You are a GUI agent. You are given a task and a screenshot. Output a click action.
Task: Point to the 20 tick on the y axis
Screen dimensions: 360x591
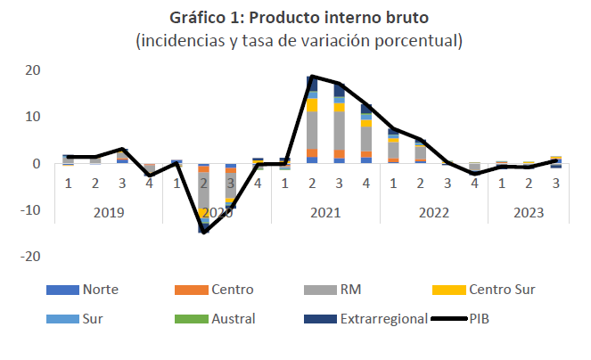click(31, 70)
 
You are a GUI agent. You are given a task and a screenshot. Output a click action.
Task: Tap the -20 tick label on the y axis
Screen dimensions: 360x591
click(29, 256)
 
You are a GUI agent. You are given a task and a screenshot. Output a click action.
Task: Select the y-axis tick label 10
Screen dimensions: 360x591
click(31, 117)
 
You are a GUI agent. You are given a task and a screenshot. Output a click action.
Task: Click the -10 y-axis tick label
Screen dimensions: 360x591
click(29, 209)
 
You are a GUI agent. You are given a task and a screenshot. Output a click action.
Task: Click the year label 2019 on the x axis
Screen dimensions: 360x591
click(108, 212)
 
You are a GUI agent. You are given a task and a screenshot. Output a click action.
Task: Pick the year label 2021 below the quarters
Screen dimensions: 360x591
click(324, 212)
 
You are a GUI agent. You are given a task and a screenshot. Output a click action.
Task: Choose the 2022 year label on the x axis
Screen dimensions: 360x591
click(433, 212)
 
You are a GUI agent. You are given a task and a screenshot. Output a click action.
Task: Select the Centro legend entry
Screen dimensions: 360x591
click(229, 290)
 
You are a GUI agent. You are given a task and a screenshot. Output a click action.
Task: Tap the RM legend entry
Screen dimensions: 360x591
click(349, 290)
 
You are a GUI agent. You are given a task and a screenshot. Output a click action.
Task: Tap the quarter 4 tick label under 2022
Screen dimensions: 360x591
click(474, 183)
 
